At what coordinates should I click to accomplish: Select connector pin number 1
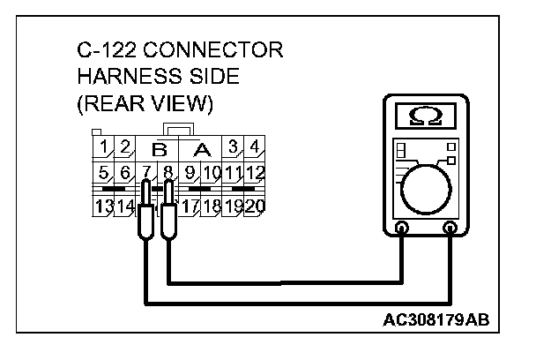104,146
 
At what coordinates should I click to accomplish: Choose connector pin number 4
254,146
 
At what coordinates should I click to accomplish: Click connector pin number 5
104,172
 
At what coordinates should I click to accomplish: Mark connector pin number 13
104,208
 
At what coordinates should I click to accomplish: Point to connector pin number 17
189,208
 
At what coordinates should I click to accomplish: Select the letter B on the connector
160,149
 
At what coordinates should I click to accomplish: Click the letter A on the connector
202,149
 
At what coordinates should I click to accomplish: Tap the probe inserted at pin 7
143,212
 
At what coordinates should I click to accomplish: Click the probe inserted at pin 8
167,212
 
